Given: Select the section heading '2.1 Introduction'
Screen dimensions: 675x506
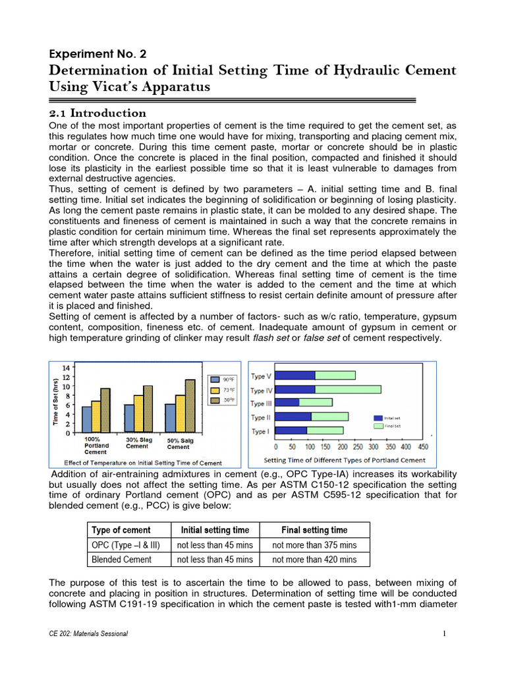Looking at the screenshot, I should (98, 113).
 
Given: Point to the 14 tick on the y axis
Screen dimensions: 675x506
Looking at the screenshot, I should (67, 367).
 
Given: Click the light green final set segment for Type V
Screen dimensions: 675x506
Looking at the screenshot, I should (335, 376).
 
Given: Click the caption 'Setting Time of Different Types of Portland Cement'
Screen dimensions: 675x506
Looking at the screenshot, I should (345, 460).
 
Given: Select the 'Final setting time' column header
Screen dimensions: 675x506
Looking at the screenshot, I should (314, 530).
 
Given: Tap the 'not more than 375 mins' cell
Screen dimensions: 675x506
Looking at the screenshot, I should (314, 544).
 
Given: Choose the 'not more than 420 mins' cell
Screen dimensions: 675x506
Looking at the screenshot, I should (314, 560).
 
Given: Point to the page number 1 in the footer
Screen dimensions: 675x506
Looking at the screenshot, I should (445, 633).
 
